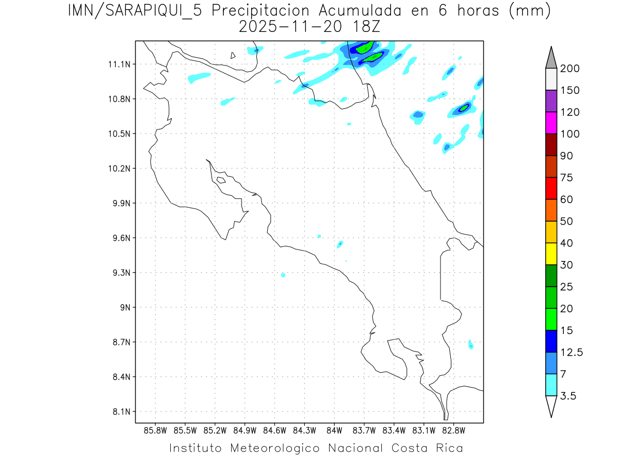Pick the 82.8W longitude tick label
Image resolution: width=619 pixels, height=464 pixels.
click(x=453, y=430)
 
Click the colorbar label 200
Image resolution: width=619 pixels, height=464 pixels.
click(x=569, y=69)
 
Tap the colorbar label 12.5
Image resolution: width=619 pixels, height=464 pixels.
click(x=572, y=353)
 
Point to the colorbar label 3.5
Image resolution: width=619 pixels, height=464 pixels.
click(x=568, y=396)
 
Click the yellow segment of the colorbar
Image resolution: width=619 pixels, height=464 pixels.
click(x=551, y=254)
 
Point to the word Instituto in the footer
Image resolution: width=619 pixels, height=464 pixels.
click(x=196, y=448)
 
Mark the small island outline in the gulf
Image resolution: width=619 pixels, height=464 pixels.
click(x=221, y=180)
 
